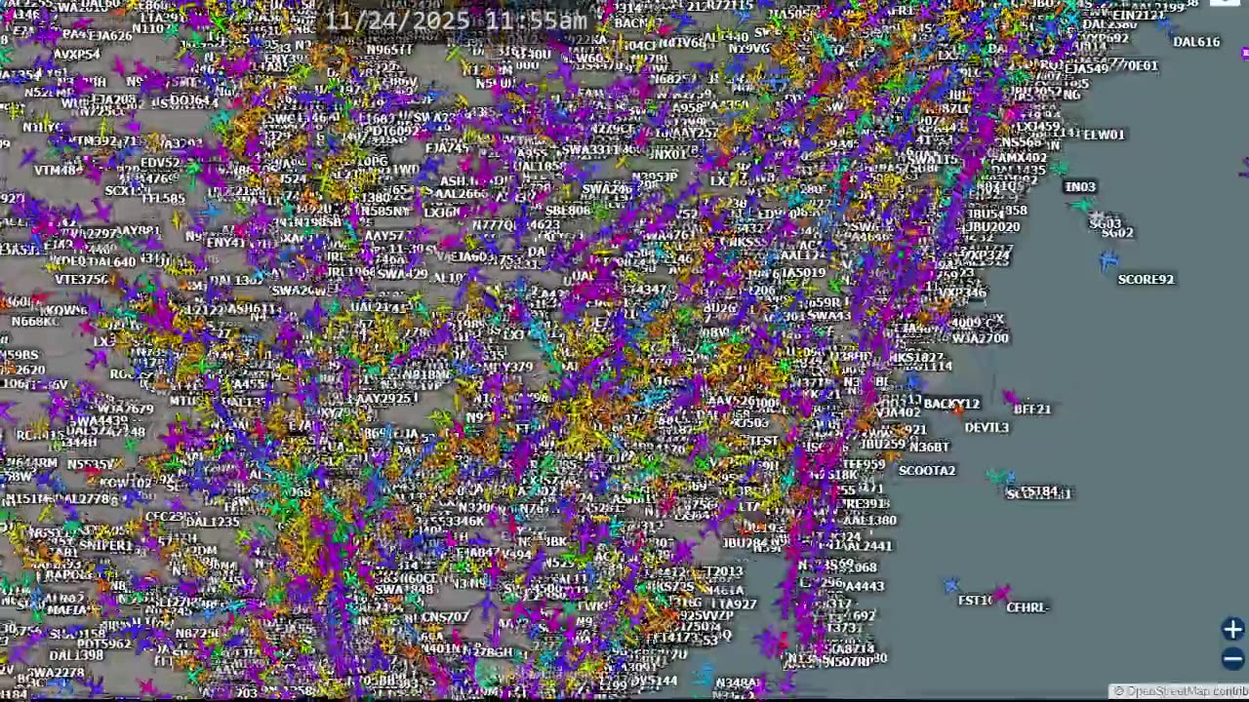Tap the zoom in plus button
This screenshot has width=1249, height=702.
1232,630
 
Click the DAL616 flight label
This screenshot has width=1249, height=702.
1195,42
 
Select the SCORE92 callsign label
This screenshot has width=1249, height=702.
1146,280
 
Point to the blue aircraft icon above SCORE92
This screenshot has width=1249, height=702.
1108,260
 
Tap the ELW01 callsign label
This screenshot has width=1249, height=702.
1104,135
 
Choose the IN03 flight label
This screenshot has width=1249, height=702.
1080,187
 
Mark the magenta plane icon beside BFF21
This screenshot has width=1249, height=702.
1009,398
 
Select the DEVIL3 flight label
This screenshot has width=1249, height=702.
987,428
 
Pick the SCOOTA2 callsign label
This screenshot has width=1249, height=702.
926,471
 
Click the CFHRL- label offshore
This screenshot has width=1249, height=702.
1027,607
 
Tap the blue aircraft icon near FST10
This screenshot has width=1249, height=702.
951,585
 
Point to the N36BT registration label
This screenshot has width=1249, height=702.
929,448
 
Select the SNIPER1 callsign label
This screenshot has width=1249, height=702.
105,546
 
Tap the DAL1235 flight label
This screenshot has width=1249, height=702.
212,523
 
